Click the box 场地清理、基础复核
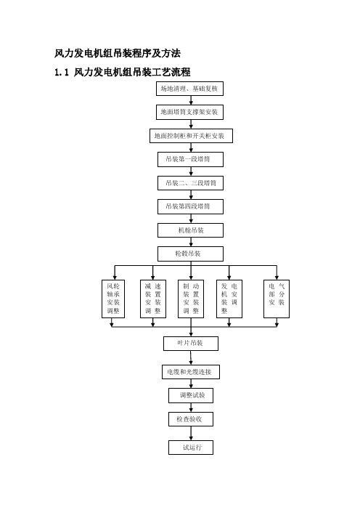tap(189, 89)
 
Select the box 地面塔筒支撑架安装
tap(189, 112)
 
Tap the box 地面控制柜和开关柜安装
tap(191, 136)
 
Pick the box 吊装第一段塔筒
tap(190, 159)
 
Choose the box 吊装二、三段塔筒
tap(190, 183)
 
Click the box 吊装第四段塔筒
tap(190, 206)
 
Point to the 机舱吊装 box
tap(190, 230)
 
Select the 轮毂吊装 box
tap(190, 254)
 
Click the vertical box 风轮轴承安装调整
tap(113, 299)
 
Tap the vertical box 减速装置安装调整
tap(153, 299)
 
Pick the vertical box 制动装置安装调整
tap(191, 299)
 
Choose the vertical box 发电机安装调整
tap(229, 299)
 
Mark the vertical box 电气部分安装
tap(277, 299)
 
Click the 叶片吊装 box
tap(191, 344)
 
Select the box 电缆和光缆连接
tap(191, 372)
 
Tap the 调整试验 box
tap(191, 395)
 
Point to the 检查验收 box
tap(191, 419)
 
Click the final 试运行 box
tap(191, 448)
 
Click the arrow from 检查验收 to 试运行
tap(191, 433)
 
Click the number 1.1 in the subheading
tap(62, 72)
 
